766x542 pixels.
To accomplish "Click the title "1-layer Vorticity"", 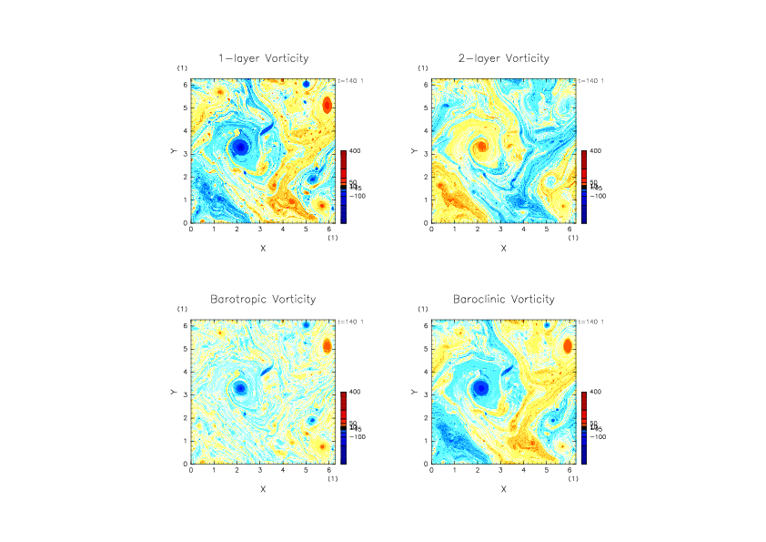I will tap(263, 58).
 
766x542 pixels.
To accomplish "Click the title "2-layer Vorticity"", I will tap(503, 58).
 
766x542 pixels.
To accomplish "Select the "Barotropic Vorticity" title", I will tap(263, 299).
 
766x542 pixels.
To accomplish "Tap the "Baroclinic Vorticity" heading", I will tap(503, 299).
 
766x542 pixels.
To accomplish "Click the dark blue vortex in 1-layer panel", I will tap(240, 147).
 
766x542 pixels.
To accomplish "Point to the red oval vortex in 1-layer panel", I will tap(328, 106).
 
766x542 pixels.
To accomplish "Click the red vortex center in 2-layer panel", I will tap(481, 146).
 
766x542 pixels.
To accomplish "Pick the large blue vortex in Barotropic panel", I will tap(240, 387).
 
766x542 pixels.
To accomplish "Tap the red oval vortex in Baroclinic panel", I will tap(568, 346).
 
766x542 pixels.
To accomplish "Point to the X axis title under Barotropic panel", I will tap(263, 489).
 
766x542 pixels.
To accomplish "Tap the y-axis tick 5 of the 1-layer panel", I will tap(186, 107).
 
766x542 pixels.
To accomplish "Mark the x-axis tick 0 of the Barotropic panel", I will tap(191, 471).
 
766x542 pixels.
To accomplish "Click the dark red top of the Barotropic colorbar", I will tap(344, 397).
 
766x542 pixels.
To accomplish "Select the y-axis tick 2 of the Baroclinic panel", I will tap(426, 417).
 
